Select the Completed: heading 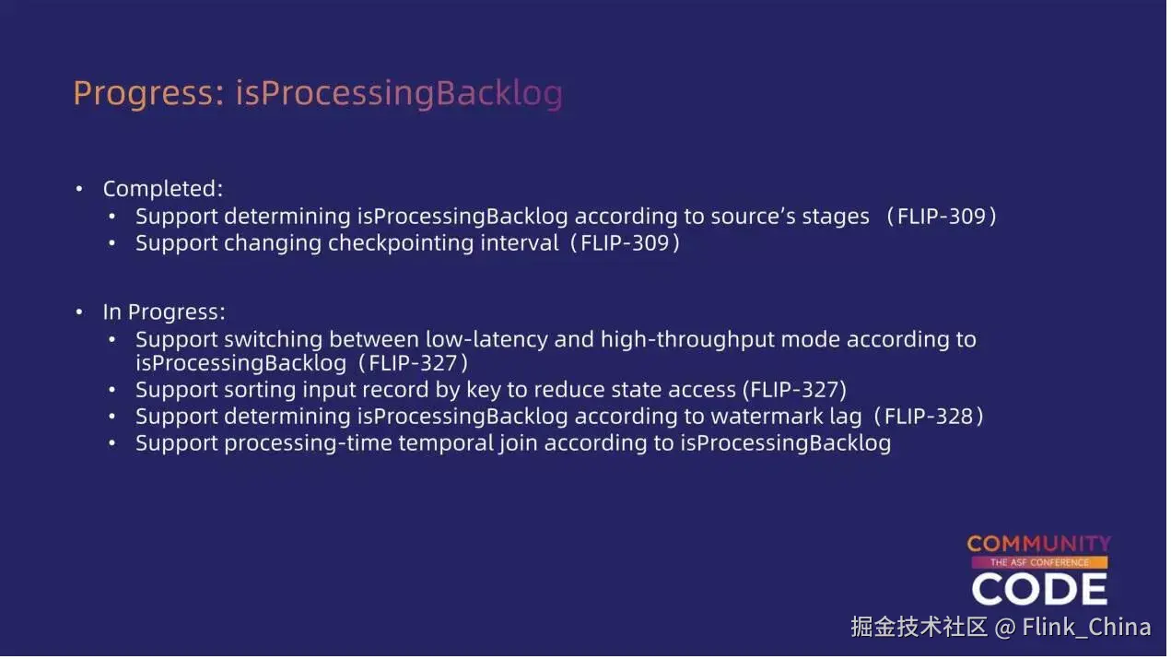tap(163, 189)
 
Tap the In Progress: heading tap(164, 312)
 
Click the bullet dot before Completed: tap(79, 189)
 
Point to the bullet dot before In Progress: tap(79, 312)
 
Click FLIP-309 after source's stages tap(941, 217)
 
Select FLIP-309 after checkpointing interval tap(625, 243)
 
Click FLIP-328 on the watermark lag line tap(929, 417)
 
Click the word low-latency tap(486, 340)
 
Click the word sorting tap(260, 391)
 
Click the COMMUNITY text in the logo tap(1038, 544)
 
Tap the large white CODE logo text tap(1039, 589)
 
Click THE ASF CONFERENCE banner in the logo tap(1039, 563)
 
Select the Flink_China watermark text tap(1086, 627)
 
